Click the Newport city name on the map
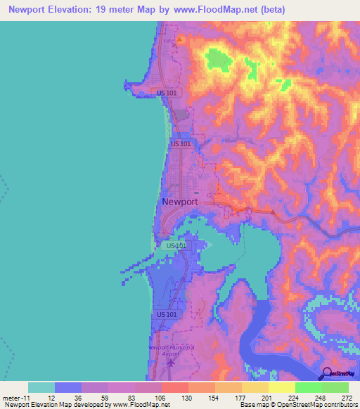(180, 202)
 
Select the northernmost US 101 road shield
(167, 93)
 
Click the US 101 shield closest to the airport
(167, 314)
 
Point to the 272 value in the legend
(345, 398)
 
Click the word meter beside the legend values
(10, 398)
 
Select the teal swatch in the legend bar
(41, 387)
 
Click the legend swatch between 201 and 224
(281, 387)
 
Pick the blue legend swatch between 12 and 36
(68, 387)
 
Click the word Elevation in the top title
(74, 9)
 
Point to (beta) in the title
(272, 9)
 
